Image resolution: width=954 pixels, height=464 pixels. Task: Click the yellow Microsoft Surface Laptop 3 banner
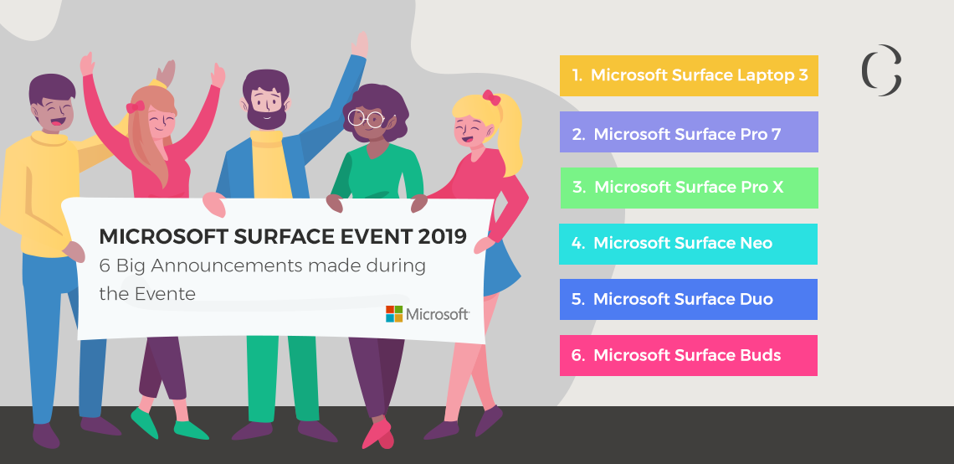tap(688, 75)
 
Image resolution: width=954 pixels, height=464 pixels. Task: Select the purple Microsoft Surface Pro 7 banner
tap(688, 132)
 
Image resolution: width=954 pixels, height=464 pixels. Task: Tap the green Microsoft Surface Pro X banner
tap(688, 188)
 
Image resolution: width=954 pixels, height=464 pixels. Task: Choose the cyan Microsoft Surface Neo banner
tap(688, 244)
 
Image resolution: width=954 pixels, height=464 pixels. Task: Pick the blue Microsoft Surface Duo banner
tap(688, 299)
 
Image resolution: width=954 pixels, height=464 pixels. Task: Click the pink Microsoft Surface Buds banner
tap(688, 355)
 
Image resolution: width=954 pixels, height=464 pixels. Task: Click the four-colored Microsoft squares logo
tap(394, 314)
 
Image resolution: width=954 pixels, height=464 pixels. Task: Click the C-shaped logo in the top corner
tap(881, 70)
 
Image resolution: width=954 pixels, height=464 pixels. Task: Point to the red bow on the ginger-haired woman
tap(134, 106)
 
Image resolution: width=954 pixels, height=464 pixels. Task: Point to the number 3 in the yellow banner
tap(803, 75)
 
